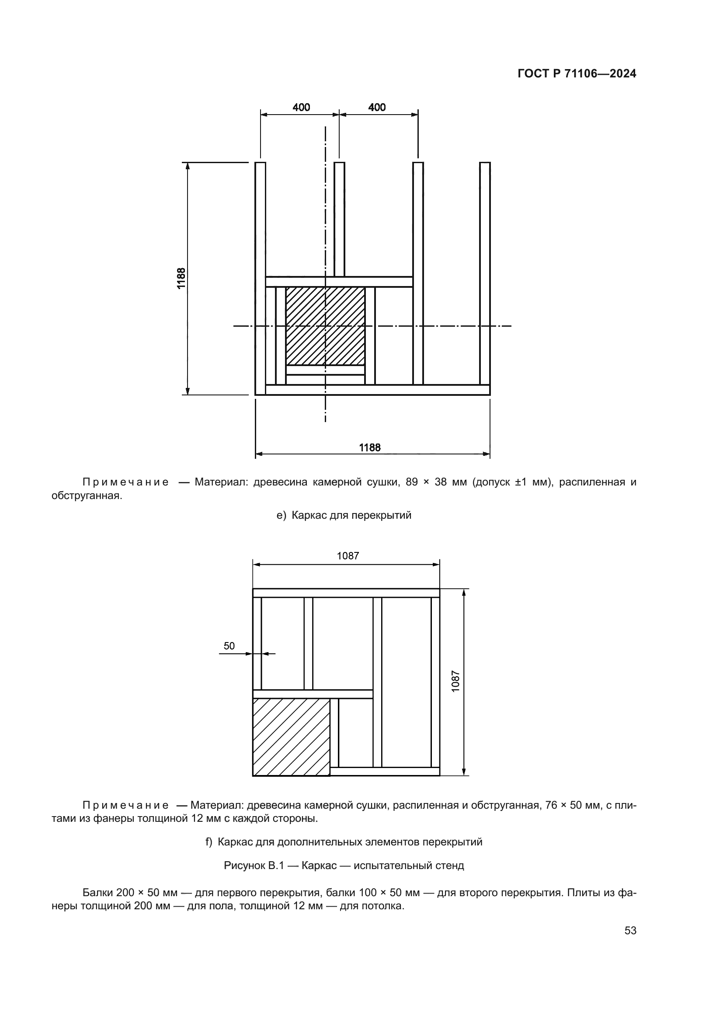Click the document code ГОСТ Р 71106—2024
point(577,73)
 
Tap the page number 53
point(630,930)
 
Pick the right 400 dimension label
point(377,108)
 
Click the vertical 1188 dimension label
point(182,278)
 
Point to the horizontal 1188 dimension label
point(370,447)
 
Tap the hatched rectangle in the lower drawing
point(291,737)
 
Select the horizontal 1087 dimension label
point(348,555)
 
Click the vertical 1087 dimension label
point(455,681)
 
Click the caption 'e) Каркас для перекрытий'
point(344,516)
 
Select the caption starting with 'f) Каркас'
point(344,842)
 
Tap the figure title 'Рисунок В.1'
point(344,866)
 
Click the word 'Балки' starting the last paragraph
point(97,893)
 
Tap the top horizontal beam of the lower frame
point(346,593)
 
